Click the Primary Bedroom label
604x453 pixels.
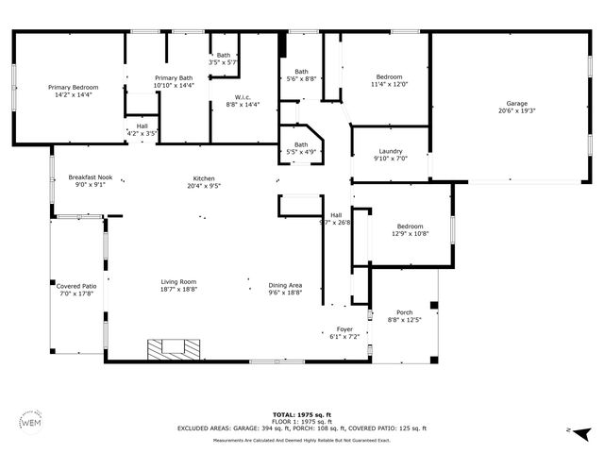coord(74,88)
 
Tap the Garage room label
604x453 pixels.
coord(516,103)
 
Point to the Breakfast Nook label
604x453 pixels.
coord(91,177)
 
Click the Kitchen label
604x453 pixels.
coord(205,177)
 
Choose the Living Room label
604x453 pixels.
coord(177,282)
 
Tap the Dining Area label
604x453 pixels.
coord(285,285)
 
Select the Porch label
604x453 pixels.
coord(404,313)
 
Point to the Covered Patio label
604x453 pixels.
coord(76,285)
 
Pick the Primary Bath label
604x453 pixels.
coord(174,78)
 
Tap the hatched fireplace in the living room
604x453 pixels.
coord(174,348)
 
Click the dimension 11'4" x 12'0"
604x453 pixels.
coord(390,84)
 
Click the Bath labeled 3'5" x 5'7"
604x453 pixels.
coord(223,55)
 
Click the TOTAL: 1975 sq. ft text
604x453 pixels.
coord(301,414)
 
